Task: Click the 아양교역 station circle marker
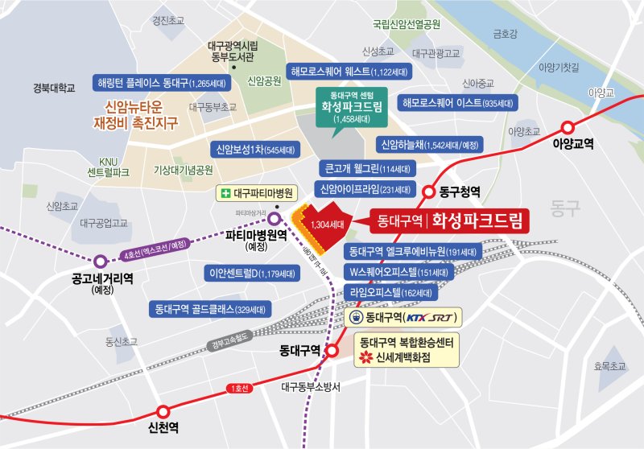pos(568,126)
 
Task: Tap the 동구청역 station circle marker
pos(431,192)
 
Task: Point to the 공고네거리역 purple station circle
pos(101,261)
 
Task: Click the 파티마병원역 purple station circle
pos(275,218)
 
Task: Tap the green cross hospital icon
pos(230,193)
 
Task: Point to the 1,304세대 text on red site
pos(327,224)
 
